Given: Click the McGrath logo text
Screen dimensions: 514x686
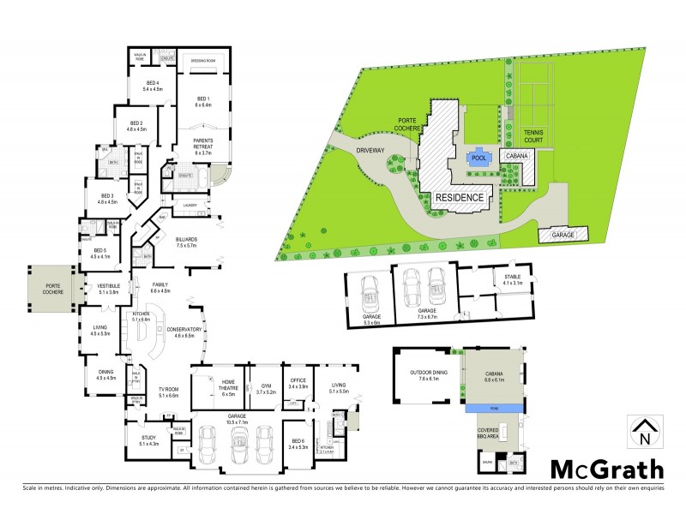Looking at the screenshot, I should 606,469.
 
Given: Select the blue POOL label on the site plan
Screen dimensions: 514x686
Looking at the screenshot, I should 479,158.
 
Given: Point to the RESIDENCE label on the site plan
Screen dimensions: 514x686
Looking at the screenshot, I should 460,197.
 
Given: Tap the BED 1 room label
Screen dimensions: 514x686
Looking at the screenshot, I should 202,102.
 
